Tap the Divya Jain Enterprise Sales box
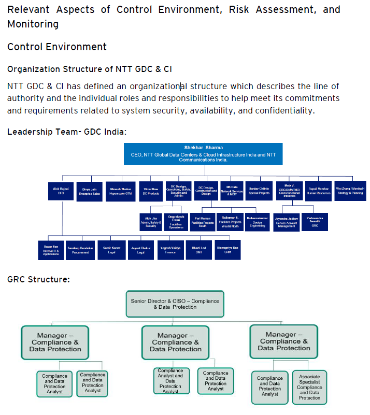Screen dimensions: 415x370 tap(89, 191)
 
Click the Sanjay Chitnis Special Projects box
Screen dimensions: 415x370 tap(259, 191)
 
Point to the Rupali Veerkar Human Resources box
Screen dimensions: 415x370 tap(317, 191)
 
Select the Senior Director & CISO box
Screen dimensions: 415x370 tap(175, 304)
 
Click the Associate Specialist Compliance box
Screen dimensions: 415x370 tap(309, 387)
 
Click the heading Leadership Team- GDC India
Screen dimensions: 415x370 tap(67, 132)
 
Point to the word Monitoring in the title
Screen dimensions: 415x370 tap(33, 24)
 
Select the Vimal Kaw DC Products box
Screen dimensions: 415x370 tap(151, 191)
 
